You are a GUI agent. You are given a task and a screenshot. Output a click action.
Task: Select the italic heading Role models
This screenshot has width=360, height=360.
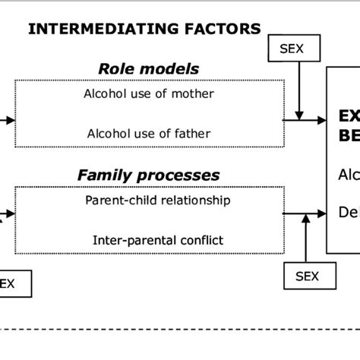pyautogui.click(x=149, y=68)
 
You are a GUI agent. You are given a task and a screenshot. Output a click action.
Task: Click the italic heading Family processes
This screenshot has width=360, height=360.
pyautogui.click(x=149, y=175)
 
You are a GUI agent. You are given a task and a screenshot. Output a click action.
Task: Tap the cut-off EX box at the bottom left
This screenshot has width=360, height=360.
pyautogui.click(x=15, y=284)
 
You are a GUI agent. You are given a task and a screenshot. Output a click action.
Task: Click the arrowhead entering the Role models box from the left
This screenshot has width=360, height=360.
pyautogui.click(x=9, y=120)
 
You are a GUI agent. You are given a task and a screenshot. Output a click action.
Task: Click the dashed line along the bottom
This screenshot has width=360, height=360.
pyautogui.click(x=180, y=330)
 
